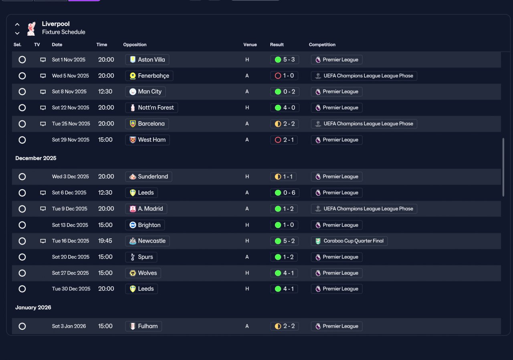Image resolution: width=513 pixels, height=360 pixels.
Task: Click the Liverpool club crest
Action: (31, 28)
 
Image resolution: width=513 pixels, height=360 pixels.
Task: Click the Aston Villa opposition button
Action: (147, 60)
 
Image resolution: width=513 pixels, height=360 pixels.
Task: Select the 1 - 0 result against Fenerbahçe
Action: (284, 76)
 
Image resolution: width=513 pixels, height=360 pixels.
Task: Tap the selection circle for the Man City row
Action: (22, 92)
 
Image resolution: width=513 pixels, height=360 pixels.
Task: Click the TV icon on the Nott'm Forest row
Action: (43, 108)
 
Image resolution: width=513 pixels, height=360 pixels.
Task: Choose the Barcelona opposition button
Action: (147, 124)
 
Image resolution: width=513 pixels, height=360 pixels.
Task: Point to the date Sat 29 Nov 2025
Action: (71, 140)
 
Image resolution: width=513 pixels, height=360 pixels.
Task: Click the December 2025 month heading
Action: (36, 158)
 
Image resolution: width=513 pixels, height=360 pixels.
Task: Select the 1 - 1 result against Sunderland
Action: (283, 177)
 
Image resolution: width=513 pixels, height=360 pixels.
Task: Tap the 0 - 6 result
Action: (285, 193)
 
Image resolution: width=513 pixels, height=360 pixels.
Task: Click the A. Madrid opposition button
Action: (146, 209)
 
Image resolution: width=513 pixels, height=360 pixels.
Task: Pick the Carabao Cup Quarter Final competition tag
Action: (349, 241)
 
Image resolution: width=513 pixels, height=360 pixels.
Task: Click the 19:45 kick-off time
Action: (105, 241)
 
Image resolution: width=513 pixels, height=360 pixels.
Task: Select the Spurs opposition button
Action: (141, 257)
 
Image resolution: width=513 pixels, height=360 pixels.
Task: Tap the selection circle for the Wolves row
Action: (22, 273)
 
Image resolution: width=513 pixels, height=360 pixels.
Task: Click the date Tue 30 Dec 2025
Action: (71, 289)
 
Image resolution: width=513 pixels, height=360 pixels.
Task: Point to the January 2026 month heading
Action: (33, 308)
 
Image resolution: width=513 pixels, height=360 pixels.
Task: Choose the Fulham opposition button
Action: (143, 326)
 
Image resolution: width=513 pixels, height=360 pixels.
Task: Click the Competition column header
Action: (322, 44)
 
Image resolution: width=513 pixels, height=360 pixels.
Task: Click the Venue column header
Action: (250, 44)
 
